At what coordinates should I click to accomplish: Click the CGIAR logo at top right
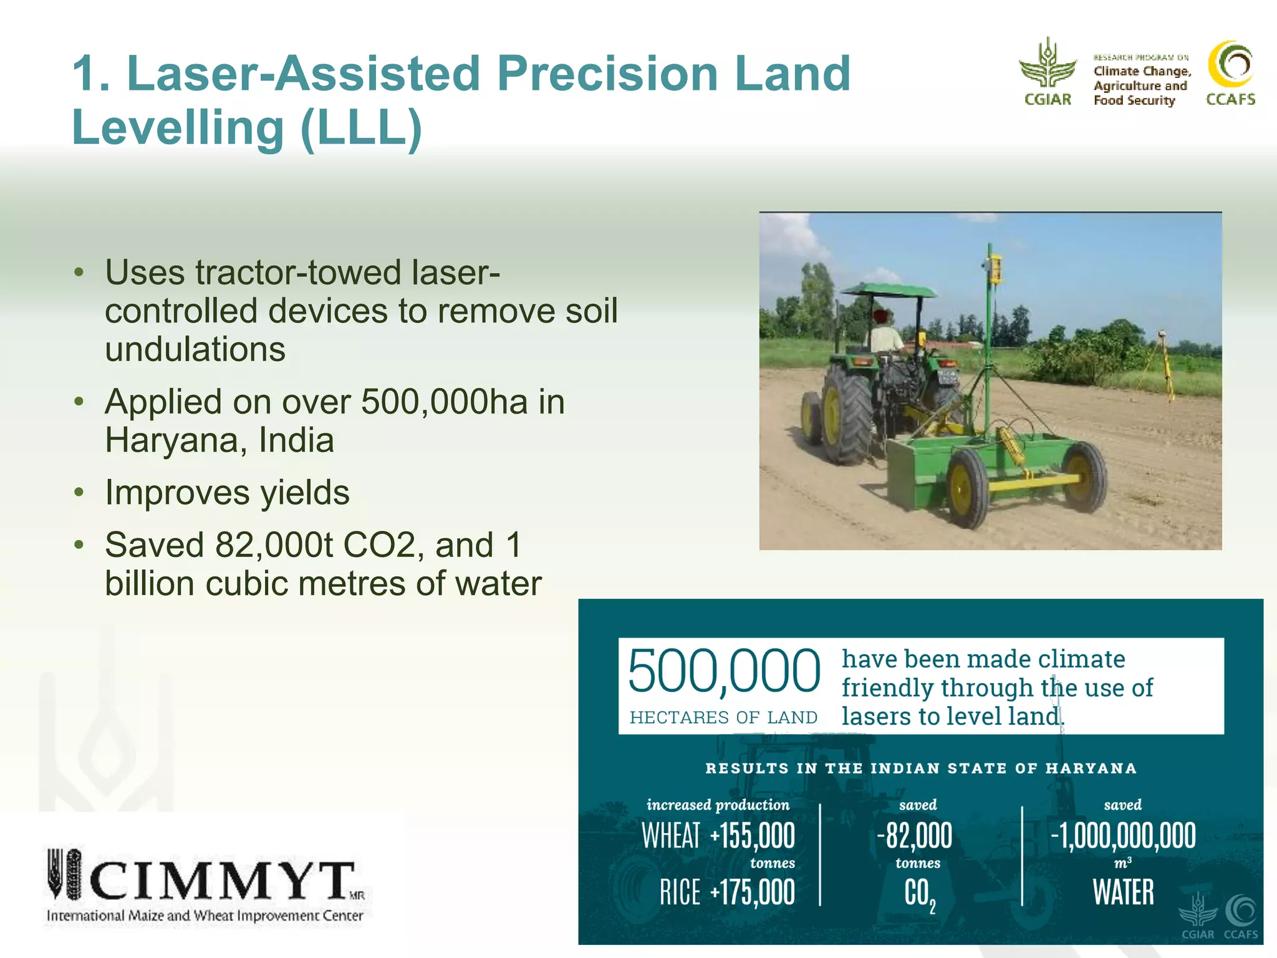point(1048,72)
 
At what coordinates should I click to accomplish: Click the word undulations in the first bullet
point(195,349)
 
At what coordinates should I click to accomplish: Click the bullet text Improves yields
point(227,493)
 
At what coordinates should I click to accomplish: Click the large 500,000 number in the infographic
point(723,672)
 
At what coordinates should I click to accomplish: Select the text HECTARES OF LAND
point(723,718)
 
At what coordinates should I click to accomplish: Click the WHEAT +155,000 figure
point(718,836)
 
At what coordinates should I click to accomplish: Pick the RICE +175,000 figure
point(727,893)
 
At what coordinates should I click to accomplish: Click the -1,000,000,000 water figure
point(1122,836)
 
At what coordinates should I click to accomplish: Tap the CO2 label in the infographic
point(919,894)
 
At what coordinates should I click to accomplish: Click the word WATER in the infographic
point(1122,893)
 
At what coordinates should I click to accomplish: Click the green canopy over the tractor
point(888,290)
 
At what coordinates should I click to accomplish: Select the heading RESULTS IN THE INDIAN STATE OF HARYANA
point(920,768)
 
